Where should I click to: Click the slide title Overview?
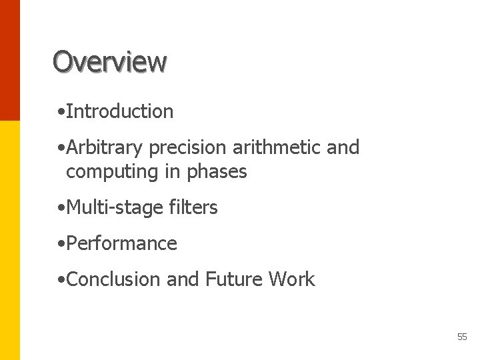109,61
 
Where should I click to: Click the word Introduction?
120,111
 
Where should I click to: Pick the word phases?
217,171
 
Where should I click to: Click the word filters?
193,207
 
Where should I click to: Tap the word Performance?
122,243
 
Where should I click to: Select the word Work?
291,279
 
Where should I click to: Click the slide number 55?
462,337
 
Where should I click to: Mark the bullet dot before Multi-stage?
61,209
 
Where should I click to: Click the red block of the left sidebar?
10,60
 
